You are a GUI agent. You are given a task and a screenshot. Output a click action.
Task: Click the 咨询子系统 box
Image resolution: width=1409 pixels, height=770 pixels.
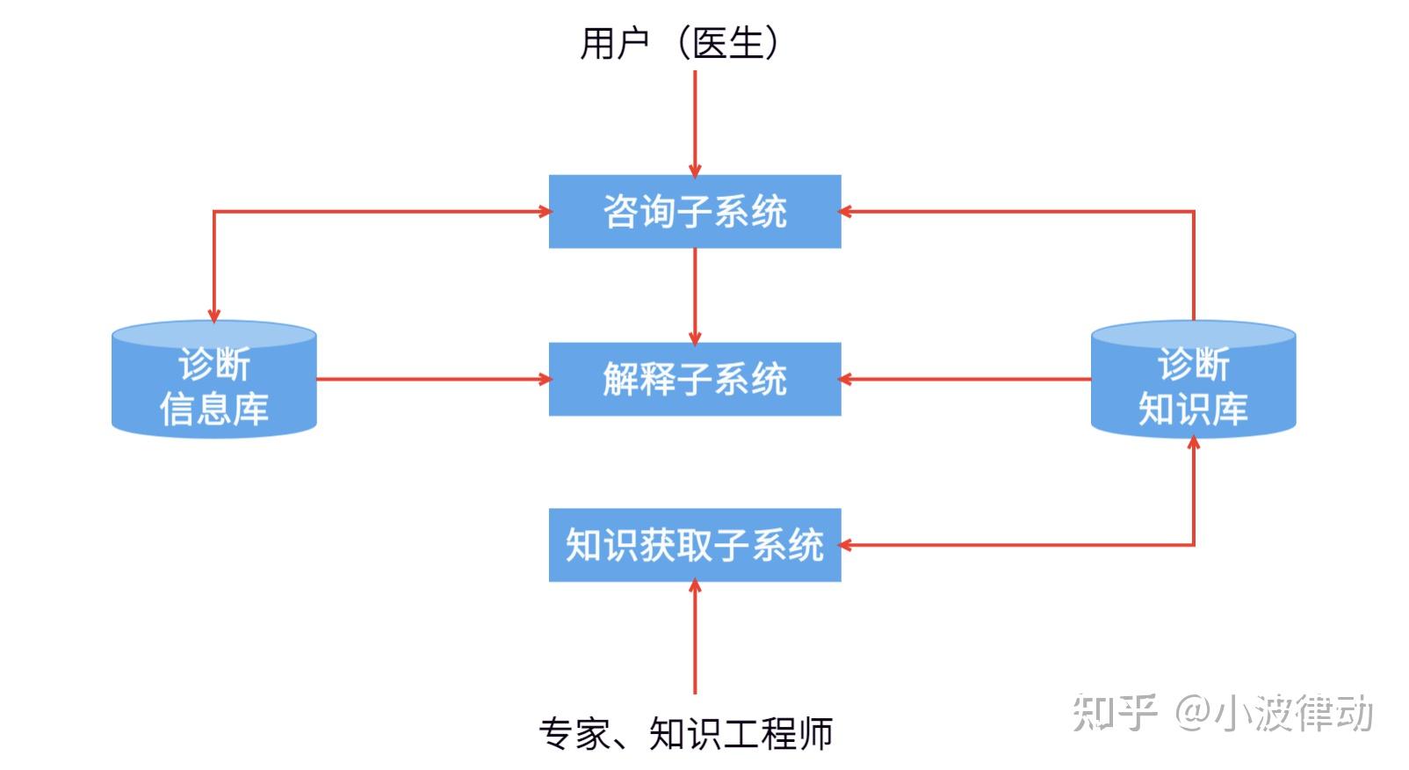click(695, 211)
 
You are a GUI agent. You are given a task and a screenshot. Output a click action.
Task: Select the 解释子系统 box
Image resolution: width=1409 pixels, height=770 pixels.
click(695, 379)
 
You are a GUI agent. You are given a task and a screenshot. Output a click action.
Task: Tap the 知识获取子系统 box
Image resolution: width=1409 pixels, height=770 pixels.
click(695, 545)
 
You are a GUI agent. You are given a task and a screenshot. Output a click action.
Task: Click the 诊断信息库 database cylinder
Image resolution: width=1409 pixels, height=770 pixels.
click(213, 380)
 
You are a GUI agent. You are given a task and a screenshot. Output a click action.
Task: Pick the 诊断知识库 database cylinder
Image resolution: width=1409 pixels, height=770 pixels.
click(1193, 380)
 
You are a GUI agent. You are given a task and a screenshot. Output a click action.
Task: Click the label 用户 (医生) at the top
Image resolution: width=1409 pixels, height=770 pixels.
click(679, 42)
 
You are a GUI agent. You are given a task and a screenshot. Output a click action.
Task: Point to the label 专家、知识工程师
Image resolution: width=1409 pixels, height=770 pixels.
click(686, 733)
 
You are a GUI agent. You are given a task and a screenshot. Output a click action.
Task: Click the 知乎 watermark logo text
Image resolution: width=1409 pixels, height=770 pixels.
click(1114, 712)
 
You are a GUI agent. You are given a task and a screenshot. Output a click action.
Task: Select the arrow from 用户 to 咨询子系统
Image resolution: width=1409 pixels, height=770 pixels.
click(695, 123)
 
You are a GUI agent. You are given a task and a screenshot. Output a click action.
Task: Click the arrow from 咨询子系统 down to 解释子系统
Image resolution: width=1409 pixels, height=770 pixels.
click(695, 294)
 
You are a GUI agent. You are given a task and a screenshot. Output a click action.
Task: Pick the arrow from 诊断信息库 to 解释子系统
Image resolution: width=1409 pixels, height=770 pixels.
click(430, 380)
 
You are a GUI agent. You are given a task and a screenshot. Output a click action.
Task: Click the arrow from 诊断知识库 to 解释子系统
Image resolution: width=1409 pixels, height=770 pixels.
click(966, 380)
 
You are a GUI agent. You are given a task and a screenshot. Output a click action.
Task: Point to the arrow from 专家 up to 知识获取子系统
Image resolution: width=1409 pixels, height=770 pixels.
click(695, 637)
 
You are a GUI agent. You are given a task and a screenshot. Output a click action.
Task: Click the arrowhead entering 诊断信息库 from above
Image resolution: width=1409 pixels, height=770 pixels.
click(213, 315)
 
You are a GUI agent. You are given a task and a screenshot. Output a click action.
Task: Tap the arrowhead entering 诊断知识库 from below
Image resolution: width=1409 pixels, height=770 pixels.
click(1193, 441)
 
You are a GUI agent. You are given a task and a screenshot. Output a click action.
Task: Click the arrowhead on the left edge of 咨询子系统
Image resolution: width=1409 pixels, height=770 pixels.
click(544, 211)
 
